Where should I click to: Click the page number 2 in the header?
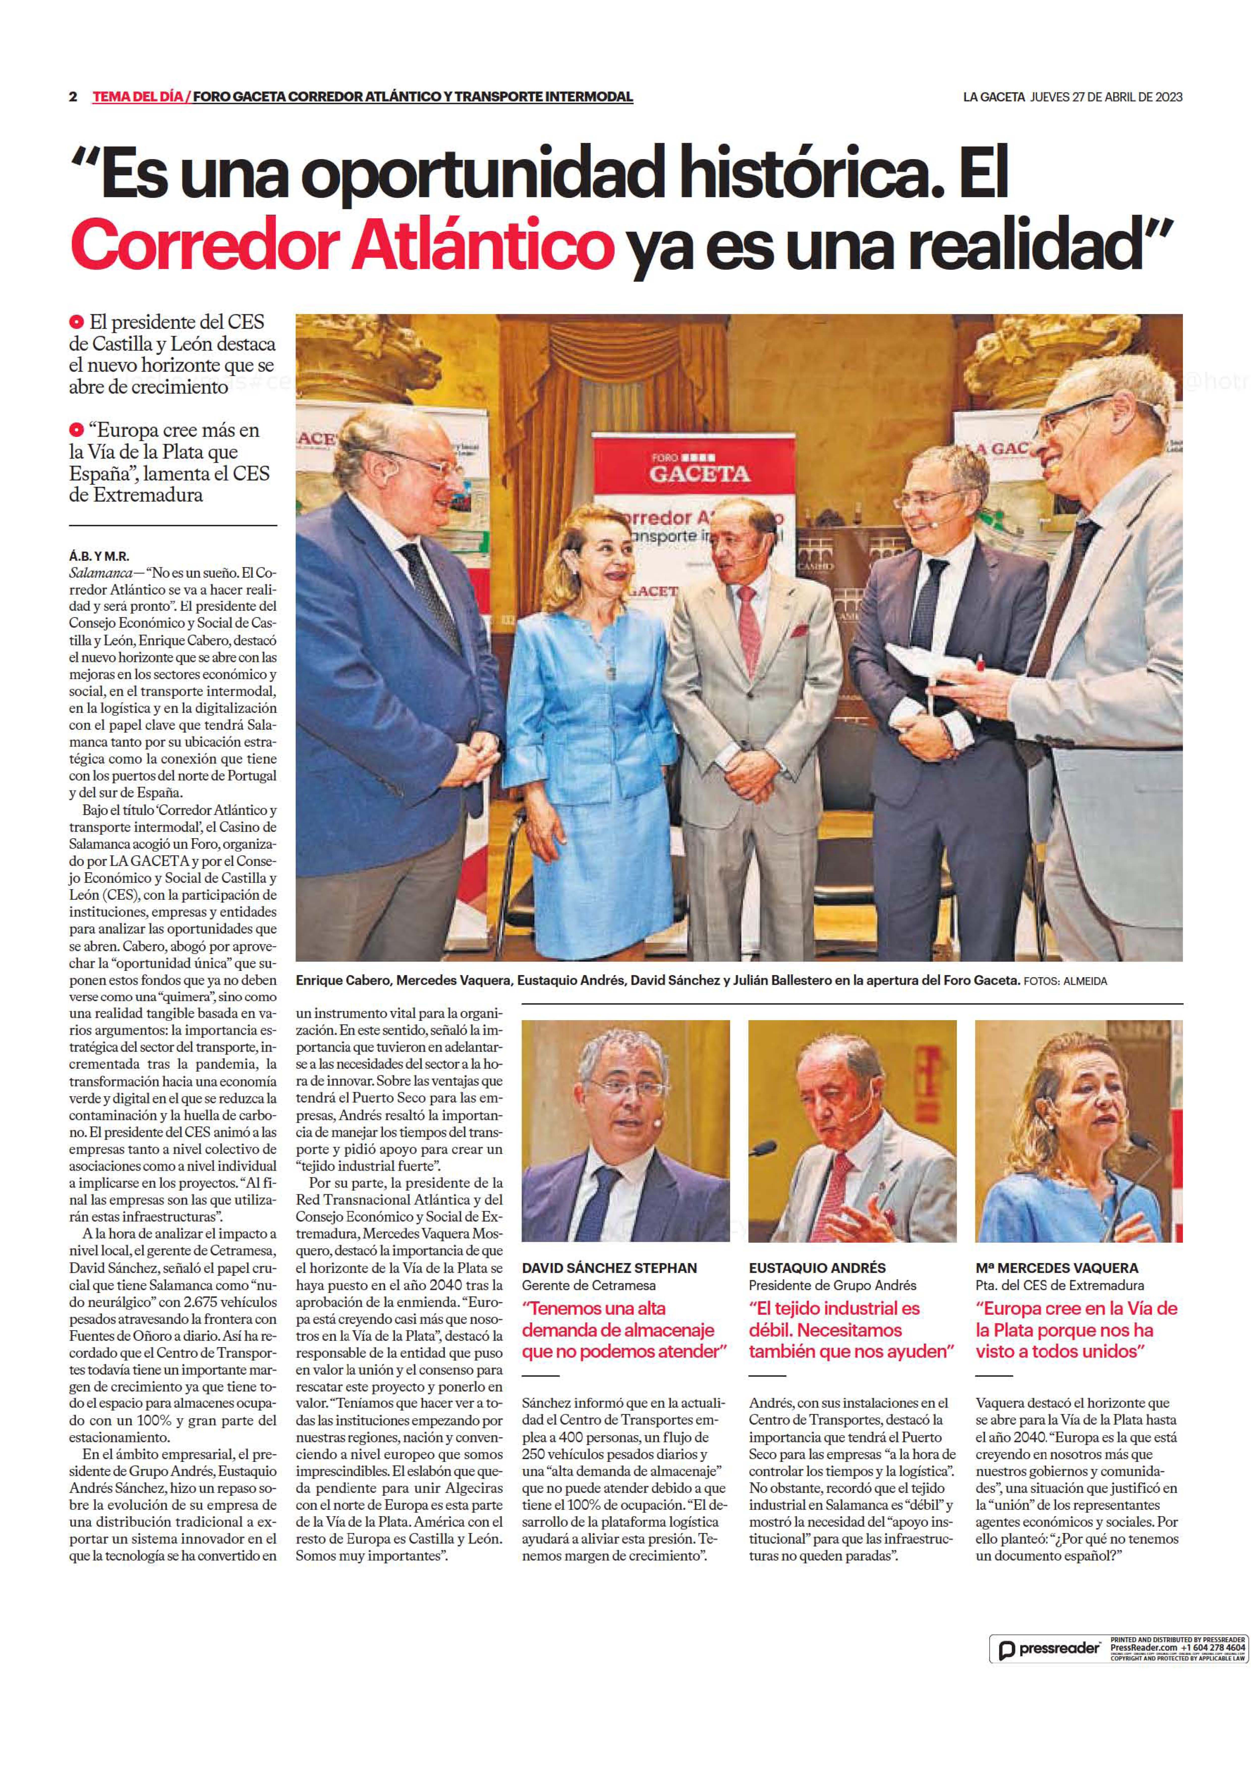(x=73, y=97)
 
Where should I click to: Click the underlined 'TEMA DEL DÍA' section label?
(x=137, y=97)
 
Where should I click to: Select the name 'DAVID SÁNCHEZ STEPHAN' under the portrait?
(x=609, y=1267)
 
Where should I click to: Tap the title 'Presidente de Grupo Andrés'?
(x=832, y=1285)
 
